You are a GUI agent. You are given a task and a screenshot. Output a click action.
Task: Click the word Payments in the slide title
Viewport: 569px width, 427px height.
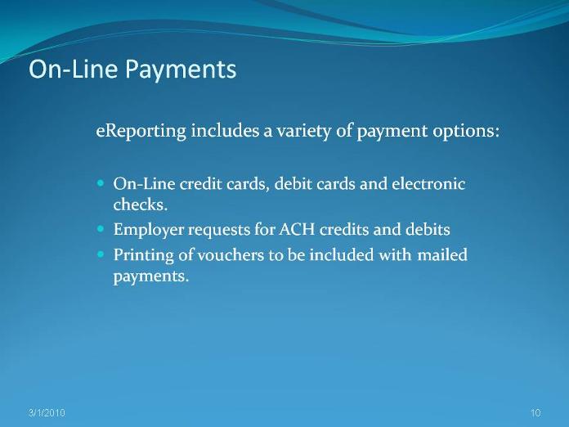181,70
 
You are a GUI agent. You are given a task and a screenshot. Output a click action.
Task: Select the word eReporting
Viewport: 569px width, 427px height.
141,131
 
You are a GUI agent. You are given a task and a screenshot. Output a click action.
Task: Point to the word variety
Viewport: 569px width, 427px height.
303,131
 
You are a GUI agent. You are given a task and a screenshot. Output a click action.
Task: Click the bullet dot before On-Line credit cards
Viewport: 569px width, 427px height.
101,183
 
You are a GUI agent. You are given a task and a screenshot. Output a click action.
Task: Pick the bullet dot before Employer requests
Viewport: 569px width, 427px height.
101,229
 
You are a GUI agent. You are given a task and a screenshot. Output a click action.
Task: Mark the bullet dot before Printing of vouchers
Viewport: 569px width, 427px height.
101,254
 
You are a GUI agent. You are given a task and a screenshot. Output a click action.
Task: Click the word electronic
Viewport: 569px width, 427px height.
428,184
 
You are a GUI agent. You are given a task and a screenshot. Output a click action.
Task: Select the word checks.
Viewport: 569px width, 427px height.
140,205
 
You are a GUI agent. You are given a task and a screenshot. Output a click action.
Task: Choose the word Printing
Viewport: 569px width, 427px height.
144,255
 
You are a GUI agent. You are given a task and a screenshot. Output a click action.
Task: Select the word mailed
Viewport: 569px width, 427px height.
442,254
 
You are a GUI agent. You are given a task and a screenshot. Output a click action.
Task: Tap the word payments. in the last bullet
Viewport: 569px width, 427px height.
151,277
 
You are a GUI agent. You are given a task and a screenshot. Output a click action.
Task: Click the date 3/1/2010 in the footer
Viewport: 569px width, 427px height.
47,413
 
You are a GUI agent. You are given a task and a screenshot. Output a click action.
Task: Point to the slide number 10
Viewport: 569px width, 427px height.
535,413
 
